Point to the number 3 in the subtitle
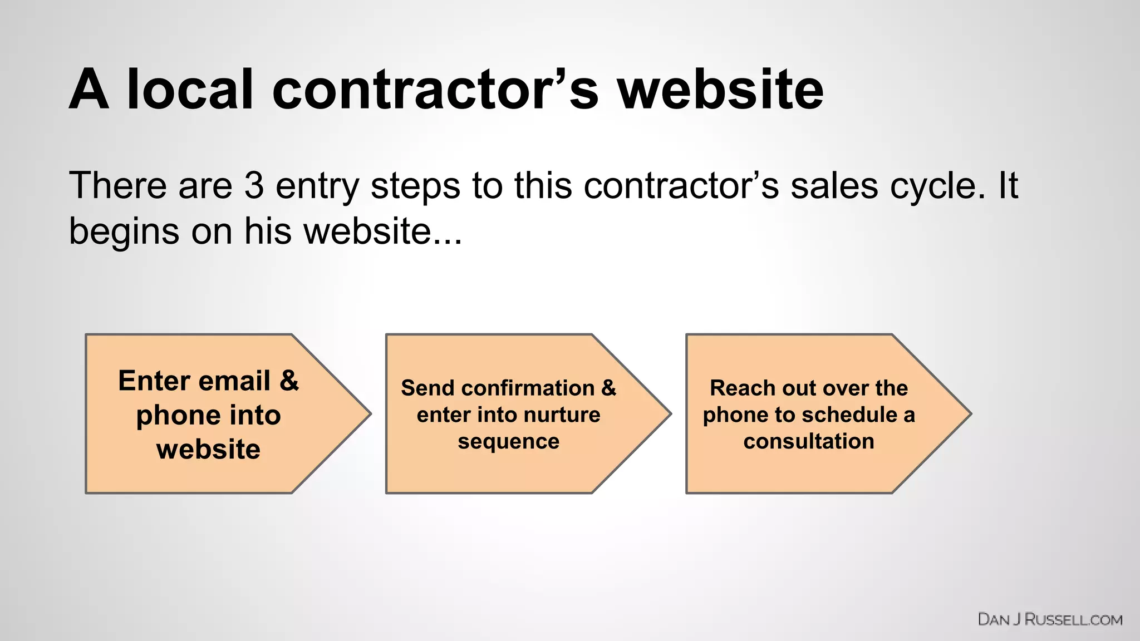(x=254, y=185)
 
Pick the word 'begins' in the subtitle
(x=124, y=231)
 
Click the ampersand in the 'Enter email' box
(x=289, y=381)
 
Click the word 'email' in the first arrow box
(x=234, y=381)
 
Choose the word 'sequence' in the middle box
(x=508, y=441)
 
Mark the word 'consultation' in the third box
(x=808, y=441)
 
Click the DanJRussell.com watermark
(x=1050, y=619)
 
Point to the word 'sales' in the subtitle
(x=833, y=185)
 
